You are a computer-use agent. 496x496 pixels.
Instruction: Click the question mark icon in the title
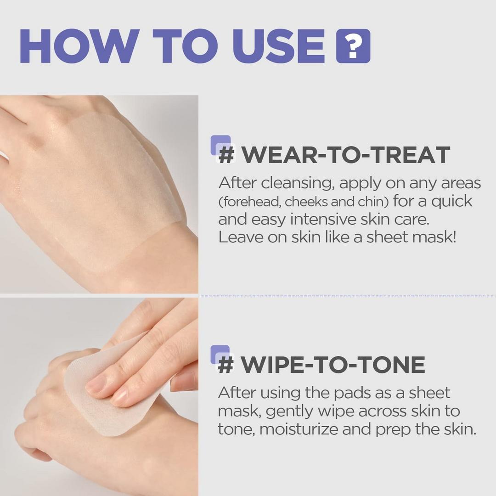tap(353, 46)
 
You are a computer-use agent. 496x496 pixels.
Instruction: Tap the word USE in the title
tap(279, 46)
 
